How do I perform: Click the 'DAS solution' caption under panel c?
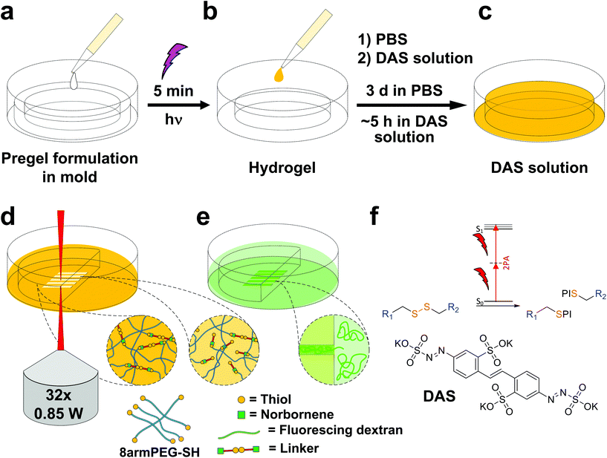(x=533, y=169)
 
